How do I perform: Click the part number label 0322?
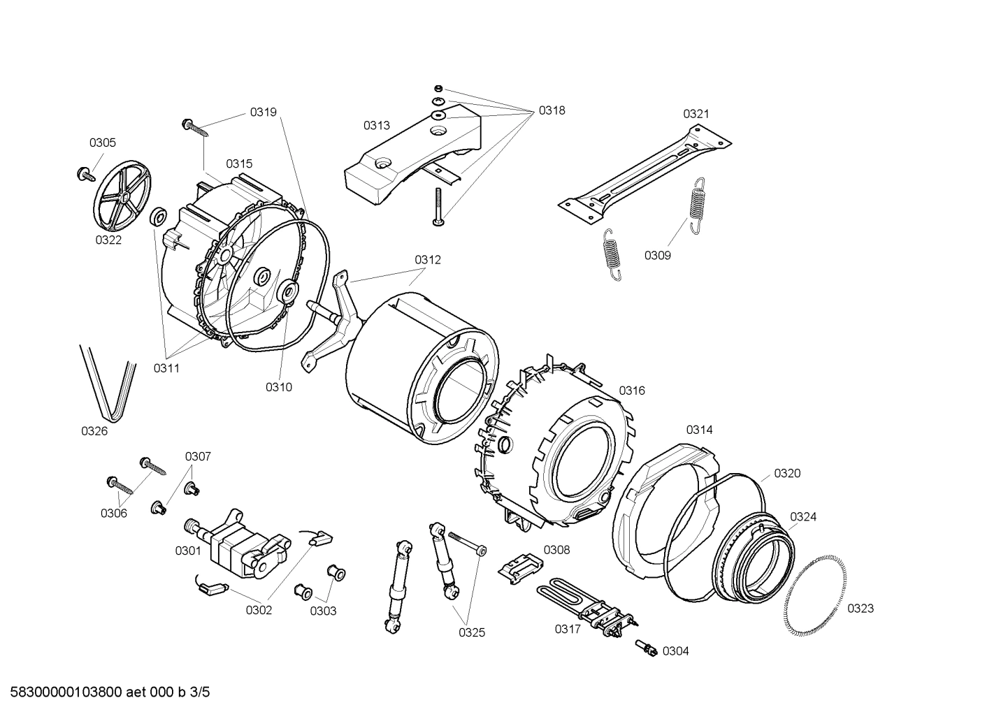(108, 240)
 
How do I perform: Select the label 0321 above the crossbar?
(696, 114)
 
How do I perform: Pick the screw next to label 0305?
(84, 173)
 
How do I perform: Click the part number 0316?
(631, 391)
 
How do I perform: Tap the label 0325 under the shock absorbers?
(472, 632)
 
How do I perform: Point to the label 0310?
(279, 387)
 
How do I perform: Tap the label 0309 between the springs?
(657, 255)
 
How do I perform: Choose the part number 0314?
(699, 430)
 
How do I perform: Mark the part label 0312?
(428, 259)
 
